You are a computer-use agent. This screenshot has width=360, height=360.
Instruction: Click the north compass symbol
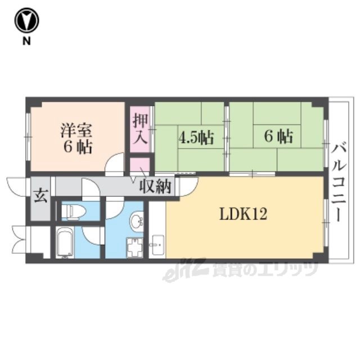[x=26, y=20]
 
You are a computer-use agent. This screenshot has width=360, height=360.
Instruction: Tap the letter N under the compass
[x=26, y=41]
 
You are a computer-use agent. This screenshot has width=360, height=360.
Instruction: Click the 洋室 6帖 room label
[x=77, y=138]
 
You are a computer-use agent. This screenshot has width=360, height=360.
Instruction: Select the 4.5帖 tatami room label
[x=196, y=137]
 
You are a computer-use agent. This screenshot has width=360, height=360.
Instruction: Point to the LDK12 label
[x=244, y=214]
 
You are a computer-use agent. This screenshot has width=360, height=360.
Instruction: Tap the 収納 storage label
[x=155, y=186]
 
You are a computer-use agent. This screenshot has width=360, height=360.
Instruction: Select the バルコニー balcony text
[x=339, y=182]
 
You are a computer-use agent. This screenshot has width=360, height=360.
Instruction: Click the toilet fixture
[x=70, y=210]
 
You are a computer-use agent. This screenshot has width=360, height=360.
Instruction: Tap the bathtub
[x=65, y=242]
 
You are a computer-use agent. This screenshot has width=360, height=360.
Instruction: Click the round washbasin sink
[x=136, y=221]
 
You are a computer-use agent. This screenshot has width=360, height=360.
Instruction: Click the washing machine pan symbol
[x=134, y=247]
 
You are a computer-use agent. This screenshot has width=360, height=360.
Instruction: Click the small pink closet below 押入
[x=140, y=164]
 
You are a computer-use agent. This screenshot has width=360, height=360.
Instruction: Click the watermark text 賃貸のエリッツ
[x=265, y=269]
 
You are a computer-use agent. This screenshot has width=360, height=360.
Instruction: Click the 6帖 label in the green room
[x=278, y=136]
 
